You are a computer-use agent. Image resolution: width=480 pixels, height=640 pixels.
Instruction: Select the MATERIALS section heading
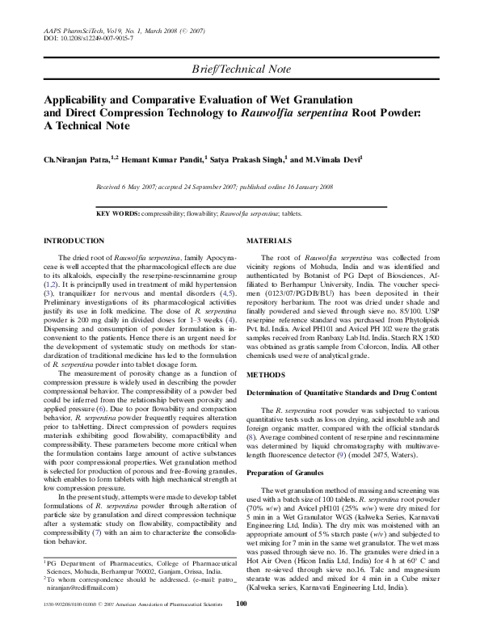pyautogui.click(x=269, y=241)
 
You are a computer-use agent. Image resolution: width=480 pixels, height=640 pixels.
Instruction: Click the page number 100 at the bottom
pyautogui.click(x=240, y=625)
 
